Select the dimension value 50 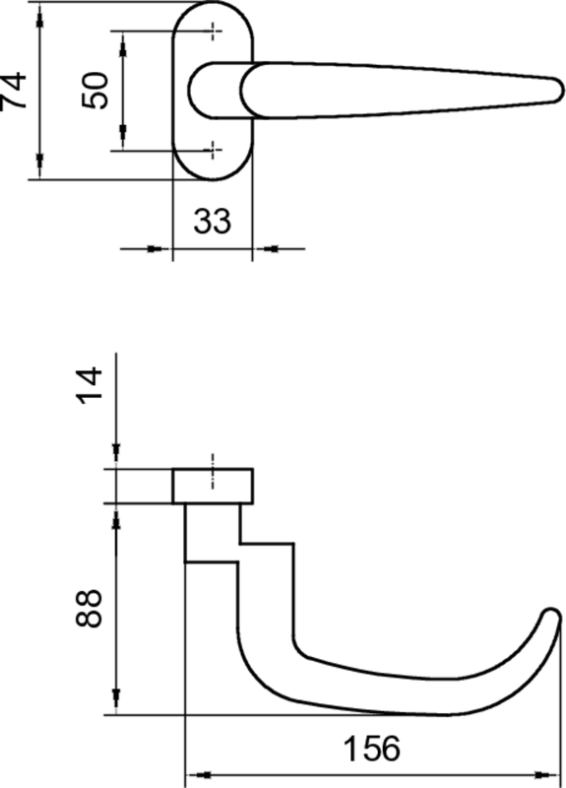click(95, 90)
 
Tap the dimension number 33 click(212, 221)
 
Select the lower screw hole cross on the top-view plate click(213, 150)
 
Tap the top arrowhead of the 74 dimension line click(38, 10)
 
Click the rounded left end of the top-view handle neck click(193, 90)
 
